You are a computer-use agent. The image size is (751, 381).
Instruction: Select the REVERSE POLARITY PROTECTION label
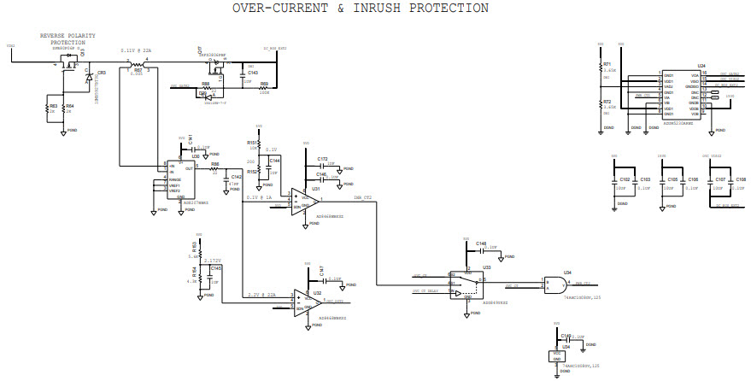click(x=67, y=38)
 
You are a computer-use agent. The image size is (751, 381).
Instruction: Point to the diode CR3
click(x=89, y=77)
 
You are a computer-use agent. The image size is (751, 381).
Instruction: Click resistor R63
click(x=47, y=108)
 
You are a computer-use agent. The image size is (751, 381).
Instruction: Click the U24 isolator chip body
click(x=682, y=97)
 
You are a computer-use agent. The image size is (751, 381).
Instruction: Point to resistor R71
click(x=601, y=70)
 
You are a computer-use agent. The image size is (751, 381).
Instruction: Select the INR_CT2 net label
click(x=363, y=198)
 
